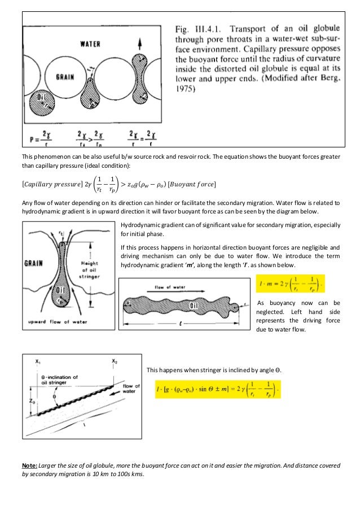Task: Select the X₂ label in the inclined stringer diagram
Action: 115,361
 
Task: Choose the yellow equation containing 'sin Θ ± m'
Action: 217,390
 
